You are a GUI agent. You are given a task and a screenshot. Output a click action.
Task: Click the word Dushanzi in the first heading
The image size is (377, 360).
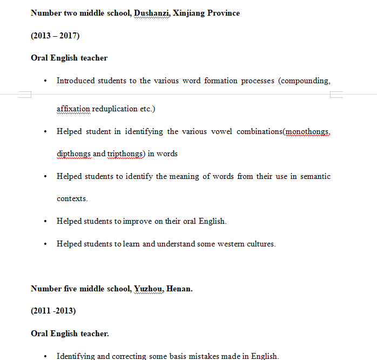pyautogui.click(x=152, y=13)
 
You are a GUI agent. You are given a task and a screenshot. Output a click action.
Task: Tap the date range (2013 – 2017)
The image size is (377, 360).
pyautogui.click(x=55, y=36)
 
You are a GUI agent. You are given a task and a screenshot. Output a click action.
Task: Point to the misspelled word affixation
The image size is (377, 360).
pyautogui.click(x=73, y=109)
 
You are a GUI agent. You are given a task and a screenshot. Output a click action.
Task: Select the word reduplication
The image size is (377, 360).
pyautogui.click(x=115, y=109)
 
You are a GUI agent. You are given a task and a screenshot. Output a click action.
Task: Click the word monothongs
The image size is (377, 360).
pyautogui.click(x=307, y=131)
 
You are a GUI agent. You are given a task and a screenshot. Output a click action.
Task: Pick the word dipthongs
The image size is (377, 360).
pyautogui.click(x=73, y=154)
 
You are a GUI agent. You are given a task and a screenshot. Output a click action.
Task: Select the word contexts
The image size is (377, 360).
pyautogui.click(x=72, y=198)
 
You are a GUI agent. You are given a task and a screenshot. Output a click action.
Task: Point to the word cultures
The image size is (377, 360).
pyautogui.click(x=261, y=244)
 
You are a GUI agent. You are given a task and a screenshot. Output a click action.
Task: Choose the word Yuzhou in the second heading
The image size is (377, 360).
pyautogui.click(x=148, y=289)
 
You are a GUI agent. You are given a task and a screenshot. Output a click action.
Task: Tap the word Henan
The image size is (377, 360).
pyautogui.click(x=180, y=289)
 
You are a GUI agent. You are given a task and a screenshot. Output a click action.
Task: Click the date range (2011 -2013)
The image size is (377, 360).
pyautogui.click(x=53, y=311)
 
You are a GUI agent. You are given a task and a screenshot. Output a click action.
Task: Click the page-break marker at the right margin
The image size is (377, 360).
pyautogui.click(x=336, y=95)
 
